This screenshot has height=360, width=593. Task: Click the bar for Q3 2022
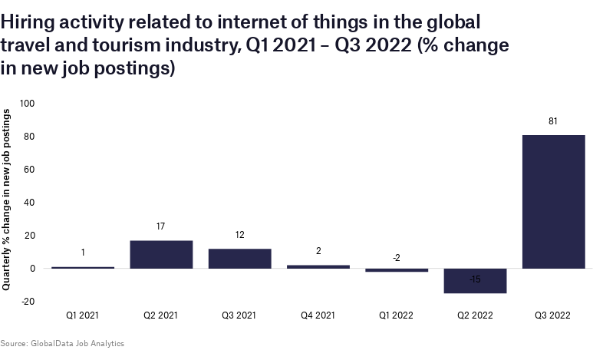click(553, 201)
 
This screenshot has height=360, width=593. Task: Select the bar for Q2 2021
click(161, 254)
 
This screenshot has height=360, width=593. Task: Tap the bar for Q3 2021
click(239, 259)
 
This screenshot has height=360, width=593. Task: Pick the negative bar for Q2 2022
click(475, 281)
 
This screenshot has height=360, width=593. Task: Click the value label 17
click(161, 226)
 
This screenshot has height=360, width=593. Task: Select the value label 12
click(239, 235)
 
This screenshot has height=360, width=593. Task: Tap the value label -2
click(396, 258)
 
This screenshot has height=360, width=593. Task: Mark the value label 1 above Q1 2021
click(83, 253)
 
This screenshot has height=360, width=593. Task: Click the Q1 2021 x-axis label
click(83, 315)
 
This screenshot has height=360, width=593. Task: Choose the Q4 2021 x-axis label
click(318, 315)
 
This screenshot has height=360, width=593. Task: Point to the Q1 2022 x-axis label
click(396, 315)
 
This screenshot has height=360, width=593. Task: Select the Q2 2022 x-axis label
click(475, 315)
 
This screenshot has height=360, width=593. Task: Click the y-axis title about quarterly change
click(7, 200)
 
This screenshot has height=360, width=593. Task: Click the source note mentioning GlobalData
click(62, 343)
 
